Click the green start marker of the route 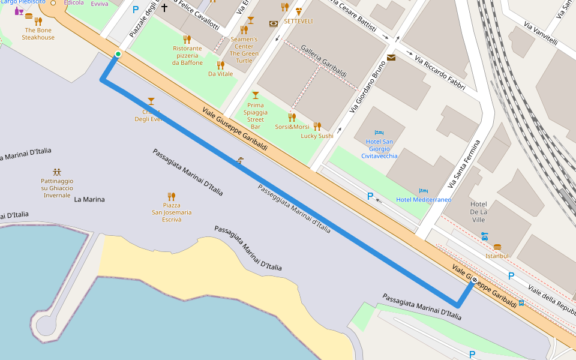[118, 55]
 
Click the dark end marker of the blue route [475, 280]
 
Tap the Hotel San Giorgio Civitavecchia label [379, 149]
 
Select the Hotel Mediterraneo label [424, 200]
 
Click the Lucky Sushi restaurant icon [317, 126]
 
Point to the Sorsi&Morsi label [292, 127]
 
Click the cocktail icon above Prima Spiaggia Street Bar [256, 95]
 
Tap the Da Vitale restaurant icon [220, 65]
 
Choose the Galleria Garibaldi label [324, 61]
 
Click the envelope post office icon [391, 58]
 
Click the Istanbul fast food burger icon [497, 247]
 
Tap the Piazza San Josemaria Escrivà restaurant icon [172, 196]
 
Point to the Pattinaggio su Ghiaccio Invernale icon [57, 172]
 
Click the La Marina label [89, 199]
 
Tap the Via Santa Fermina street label [464, 164]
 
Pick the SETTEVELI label [298, 21]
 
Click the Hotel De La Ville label [478, 212]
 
